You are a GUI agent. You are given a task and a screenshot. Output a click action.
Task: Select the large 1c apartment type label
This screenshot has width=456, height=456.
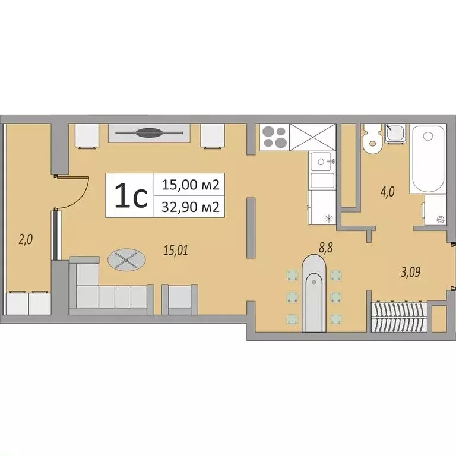[131, 196]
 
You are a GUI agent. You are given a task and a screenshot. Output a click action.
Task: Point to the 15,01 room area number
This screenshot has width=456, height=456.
[175, 250]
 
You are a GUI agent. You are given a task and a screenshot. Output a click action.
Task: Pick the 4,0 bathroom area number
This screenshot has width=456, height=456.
[388, 192]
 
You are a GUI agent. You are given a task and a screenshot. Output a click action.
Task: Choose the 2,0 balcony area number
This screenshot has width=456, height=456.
[26, 240]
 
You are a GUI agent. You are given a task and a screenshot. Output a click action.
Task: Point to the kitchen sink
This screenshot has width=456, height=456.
[323, 161]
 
